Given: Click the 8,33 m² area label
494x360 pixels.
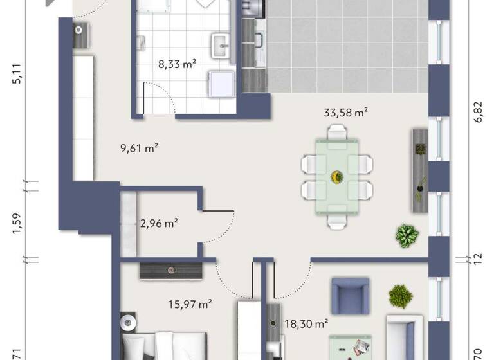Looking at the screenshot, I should tap(177, 64).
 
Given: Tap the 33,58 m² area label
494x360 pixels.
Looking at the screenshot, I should tap(346, 113).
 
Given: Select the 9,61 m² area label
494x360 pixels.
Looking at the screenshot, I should tap(139, 148).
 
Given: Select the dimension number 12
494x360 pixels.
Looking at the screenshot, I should tap(477, 258).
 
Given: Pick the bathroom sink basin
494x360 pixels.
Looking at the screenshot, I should tap(222, 43).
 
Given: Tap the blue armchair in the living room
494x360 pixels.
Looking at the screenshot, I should tap(350, 296).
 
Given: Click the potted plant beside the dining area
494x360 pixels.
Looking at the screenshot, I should tap(407, 235).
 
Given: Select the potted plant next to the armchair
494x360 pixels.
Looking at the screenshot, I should tap(400, 296).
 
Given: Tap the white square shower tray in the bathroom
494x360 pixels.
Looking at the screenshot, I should tap(222, 83).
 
